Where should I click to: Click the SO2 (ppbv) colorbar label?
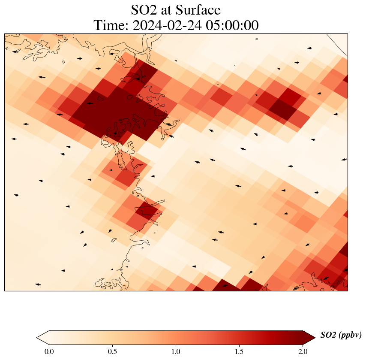tap(341, 335)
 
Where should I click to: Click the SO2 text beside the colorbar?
tap(328, 335)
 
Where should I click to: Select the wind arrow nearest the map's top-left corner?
tap(15, 52)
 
